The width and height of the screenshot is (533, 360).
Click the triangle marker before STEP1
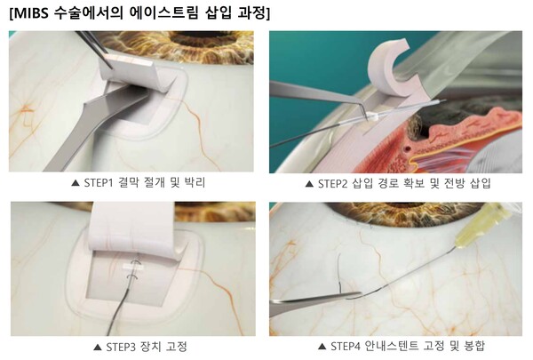(76, 183)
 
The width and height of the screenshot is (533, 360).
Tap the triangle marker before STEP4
(322, 347)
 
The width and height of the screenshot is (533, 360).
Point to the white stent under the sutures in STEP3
(132, 268)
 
